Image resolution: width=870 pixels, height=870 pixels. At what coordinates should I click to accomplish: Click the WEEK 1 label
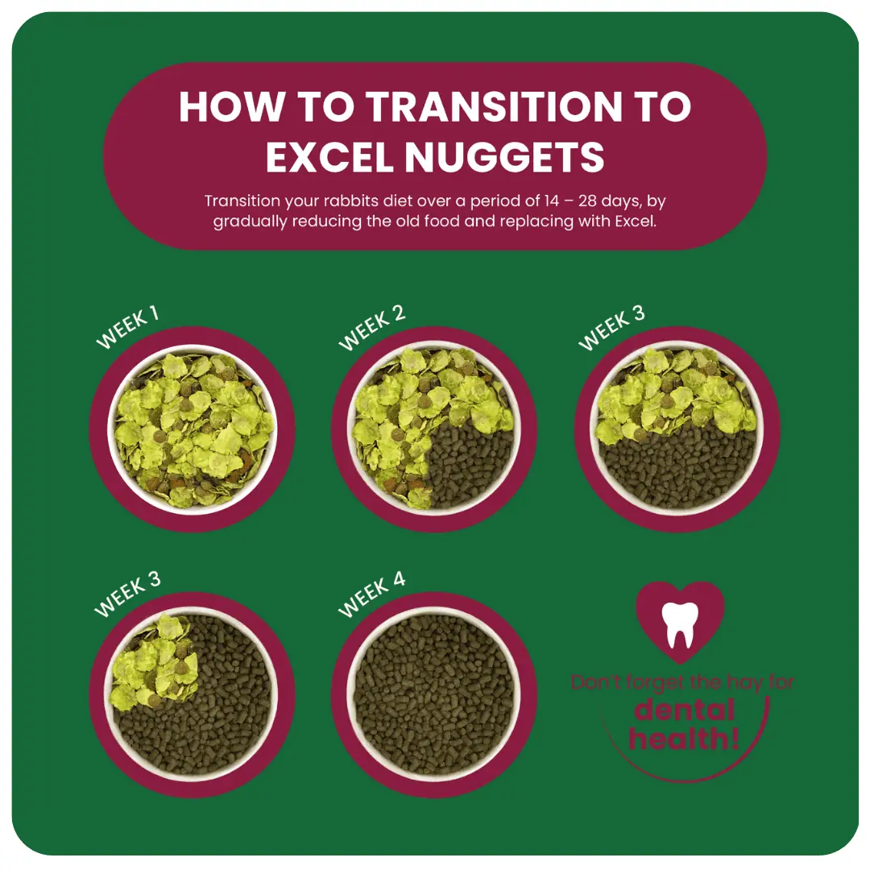(x=126, y=329)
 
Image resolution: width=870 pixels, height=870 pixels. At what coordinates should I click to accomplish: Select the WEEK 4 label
(x=371, y=595)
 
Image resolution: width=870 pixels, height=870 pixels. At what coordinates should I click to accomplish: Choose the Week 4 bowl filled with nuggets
(x=434, y=694)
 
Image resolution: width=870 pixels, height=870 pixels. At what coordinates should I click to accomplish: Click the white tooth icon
(x=680, y=623)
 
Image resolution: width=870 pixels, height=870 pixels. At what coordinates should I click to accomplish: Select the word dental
(x=683, y=710)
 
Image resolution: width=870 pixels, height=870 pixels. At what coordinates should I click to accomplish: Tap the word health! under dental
(x=683, y=736)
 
